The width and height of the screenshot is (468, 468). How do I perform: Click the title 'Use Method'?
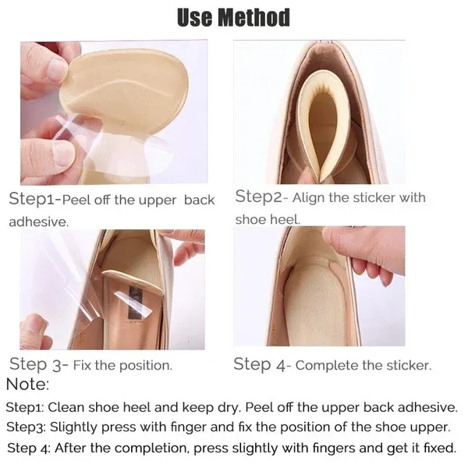[233, 17]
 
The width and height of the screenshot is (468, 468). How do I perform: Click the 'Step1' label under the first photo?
[34, 199]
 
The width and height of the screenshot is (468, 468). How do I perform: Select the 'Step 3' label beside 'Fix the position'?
[38, 364]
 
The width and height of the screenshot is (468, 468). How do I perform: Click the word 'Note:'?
[27, 384]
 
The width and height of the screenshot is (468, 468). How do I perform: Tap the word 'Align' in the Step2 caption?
[310, 198]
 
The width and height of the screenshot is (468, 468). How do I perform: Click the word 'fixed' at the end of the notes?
[439, 448]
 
